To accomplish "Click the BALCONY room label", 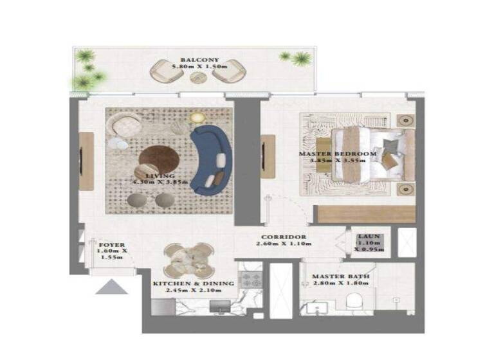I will point(195,60).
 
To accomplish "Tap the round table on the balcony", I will point(198,76).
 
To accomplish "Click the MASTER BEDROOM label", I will point(338,154).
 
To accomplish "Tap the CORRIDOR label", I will point(280,237).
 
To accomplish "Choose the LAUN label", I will point(370,237).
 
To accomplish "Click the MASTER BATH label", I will point(341,278).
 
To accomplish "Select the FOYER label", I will point(111,246).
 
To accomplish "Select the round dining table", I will point(188,260).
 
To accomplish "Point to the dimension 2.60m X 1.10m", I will point(280,244).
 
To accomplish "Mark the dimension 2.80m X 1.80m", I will point(341,285).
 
